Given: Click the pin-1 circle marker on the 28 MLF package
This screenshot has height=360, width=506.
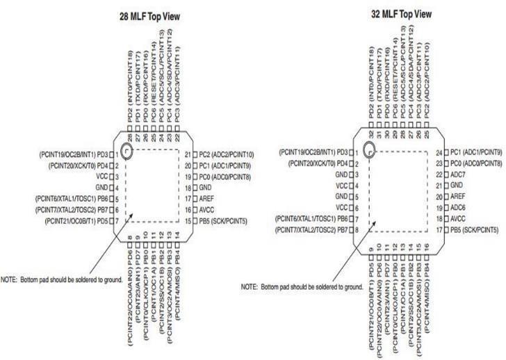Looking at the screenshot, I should [x=126, y=151].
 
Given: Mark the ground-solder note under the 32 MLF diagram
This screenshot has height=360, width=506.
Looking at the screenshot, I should [x=302, y=286].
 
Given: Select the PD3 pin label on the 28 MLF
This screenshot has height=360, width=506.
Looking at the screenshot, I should [x=103, y=154].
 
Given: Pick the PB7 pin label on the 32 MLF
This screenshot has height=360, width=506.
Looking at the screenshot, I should [x=342, y=229].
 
